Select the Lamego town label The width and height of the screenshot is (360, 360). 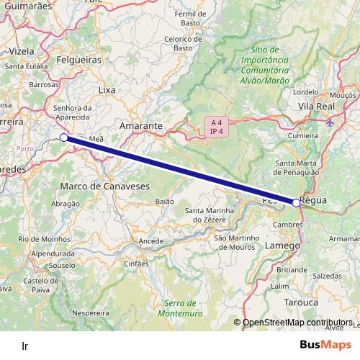click(x=283, y=246)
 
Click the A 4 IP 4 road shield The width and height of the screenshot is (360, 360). click(x=216, y=126)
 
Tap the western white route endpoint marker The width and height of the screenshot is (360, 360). click(x=63, y=137)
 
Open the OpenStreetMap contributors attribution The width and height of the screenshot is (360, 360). click(x=297, y=323)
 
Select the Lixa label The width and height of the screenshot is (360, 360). click(x=107, y=90)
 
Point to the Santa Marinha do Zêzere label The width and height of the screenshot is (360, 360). click(x=210, y=215)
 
